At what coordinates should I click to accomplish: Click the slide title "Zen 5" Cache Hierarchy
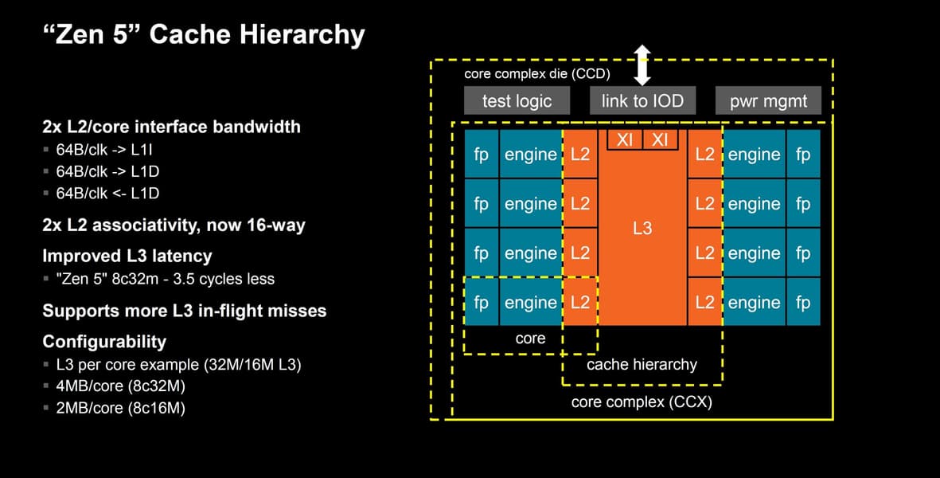(203, 35)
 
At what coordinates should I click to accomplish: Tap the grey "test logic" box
(517, 101)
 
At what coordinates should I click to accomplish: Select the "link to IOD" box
(642, 101)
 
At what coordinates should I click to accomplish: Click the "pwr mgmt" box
(769, 101)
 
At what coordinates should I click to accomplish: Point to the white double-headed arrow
(642, 65)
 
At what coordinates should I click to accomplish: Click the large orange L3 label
(642, 229)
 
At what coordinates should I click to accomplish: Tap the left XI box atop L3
(625, 140)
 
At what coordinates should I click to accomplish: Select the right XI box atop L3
(660, 140)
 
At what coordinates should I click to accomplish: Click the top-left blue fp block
(481, 155)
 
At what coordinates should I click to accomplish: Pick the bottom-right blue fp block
(802, 303)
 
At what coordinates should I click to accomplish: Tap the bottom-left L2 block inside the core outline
(580, 303)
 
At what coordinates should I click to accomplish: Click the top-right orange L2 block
(704, 155)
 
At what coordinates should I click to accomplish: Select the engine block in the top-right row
(754, 155)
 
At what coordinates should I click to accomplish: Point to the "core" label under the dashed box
(530, 339)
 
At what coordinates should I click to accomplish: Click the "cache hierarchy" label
(642, 365)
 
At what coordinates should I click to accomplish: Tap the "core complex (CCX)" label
(642, 402)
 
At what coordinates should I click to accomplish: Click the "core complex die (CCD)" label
(536, 74)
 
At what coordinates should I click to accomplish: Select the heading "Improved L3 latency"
(127, 257)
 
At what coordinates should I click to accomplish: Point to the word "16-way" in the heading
(275, 225)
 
